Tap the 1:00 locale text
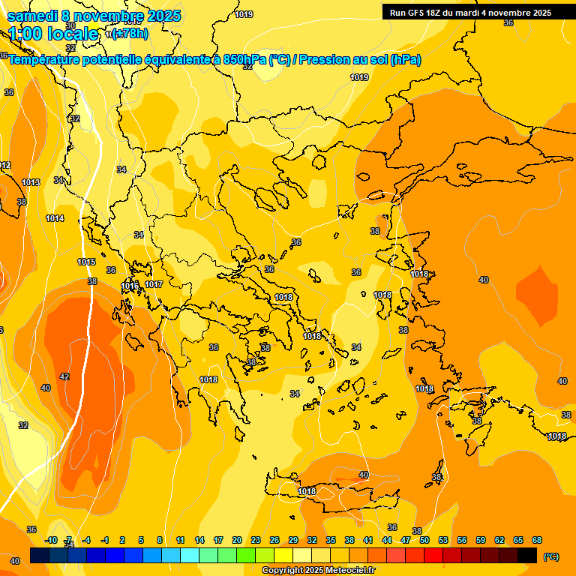coord(53,34)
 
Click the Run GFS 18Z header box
coord(469,12)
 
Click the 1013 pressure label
coord(31,182)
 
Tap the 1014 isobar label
coord(55,218)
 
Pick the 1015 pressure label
coord(86,262)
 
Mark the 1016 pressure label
coord(130,285)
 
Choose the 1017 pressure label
coord(154,284)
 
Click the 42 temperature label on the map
coord(64,376)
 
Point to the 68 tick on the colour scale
coord(537,540)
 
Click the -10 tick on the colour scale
coord(52,540)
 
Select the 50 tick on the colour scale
coord(424,540)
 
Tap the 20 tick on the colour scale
coord(237,540)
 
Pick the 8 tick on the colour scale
coord(160,540)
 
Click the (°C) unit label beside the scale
coord(551,556)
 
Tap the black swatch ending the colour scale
coord(527,555)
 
